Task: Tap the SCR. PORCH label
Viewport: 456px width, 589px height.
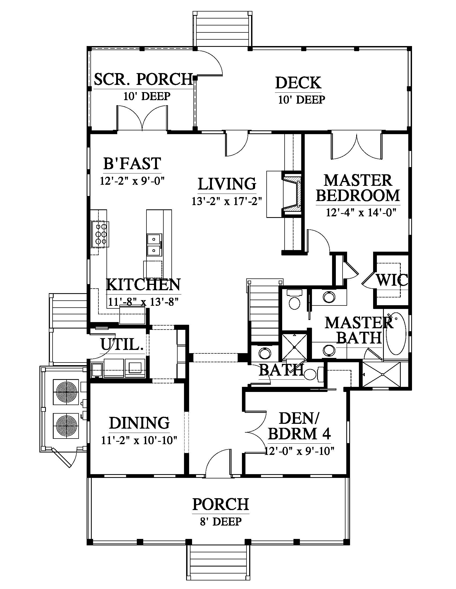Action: (144, 79)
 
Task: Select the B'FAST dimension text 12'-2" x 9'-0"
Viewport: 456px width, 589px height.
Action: (132, 180)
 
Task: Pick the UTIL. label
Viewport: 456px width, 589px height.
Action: (122, 344)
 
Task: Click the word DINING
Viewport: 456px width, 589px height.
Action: (139, 422)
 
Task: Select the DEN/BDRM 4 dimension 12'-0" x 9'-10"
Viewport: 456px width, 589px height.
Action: (299, 458)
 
